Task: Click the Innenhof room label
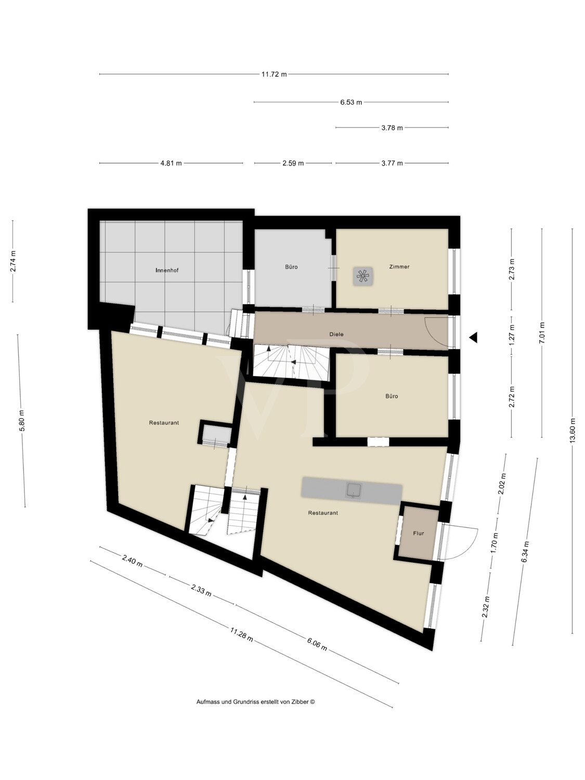(x=167, y=270)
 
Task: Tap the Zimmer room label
(x=399, y=267)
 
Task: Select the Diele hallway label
(x=336, y=334)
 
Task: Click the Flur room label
(x=419, y=534)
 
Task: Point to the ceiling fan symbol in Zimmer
(x=363, y=276)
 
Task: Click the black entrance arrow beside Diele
(x=473, y=337)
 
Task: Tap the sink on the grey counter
(x=355, y=489)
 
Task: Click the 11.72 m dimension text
(x=274, y=74)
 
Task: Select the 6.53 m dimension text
(x=351, y=102)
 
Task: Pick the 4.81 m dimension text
(x=171, y=163)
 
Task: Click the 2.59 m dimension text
(x=293, y=163)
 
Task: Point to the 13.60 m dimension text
(x=573, y=431)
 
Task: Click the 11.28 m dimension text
(x=242, y=635)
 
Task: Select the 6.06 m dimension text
(x=317, y=644)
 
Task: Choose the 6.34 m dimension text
(x=525, y=549)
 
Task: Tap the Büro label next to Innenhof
(x=291, y=267)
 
